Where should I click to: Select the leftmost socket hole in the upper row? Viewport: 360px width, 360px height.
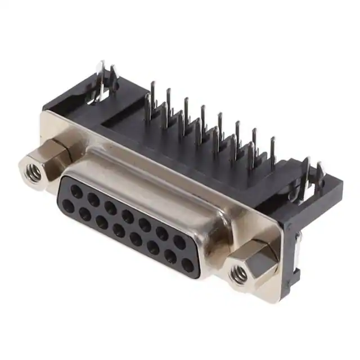point(76,191)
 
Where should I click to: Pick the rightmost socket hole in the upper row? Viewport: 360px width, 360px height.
point(179,242)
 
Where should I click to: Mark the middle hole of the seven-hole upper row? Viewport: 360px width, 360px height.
point(128,216)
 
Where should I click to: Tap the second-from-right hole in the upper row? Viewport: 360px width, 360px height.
point(162,234)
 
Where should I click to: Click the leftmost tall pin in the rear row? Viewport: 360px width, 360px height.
point(152,93)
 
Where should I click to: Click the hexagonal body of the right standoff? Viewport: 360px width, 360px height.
point(256,264)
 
